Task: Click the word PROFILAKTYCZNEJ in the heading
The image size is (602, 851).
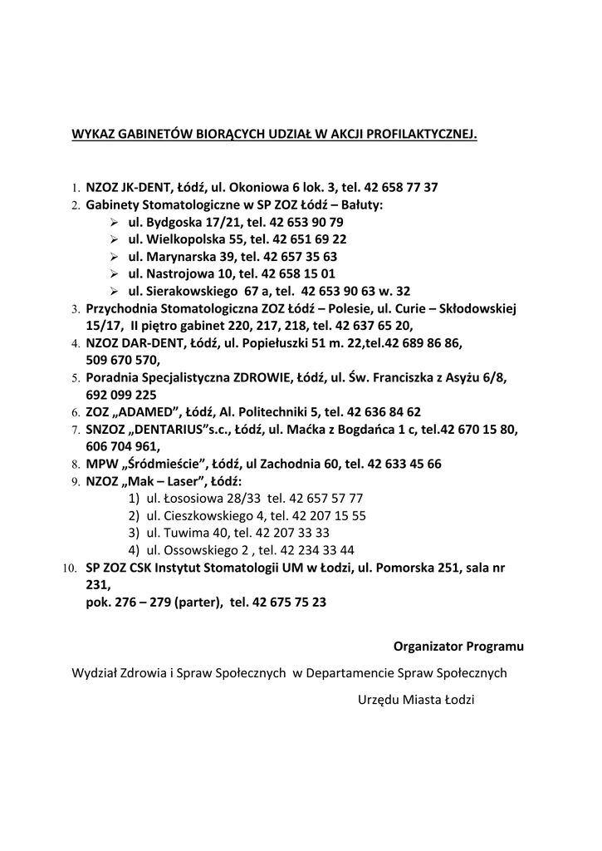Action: click(x=421, y=133)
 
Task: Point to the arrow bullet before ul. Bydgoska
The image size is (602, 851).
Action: click(x=115, y=222)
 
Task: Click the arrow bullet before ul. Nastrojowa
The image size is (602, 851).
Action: click(x=115, y=274)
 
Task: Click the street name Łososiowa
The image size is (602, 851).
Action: click(x=184, y=498)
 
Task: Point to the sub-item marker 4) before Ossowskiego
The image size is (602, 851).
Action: click(x=133, y=550)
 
